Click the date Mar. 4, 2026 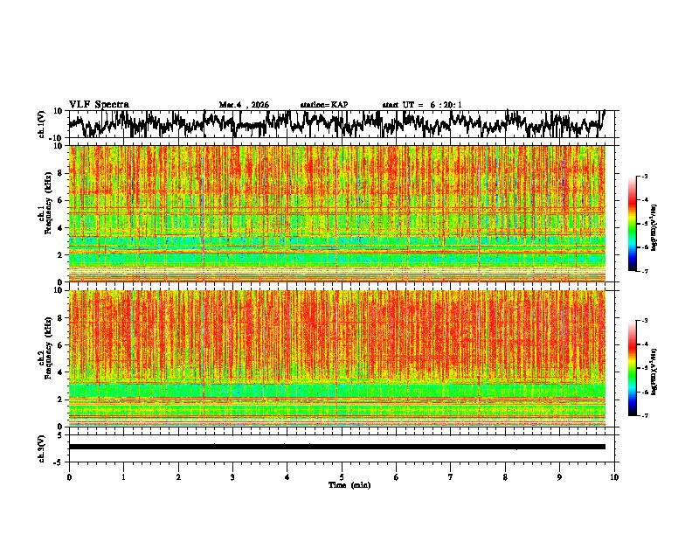point(244,105)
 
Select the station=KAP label point(323,105)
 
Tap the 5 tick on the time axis point(342,476)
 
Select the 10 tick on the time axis point(614,476)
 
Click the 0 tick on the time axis point(69,476)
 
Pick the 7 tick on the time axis point(451,476)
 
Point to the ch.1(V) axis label point(41,124)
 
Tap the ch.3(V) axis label point(41,447)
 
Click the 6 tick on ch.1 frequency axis point(59,200)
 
